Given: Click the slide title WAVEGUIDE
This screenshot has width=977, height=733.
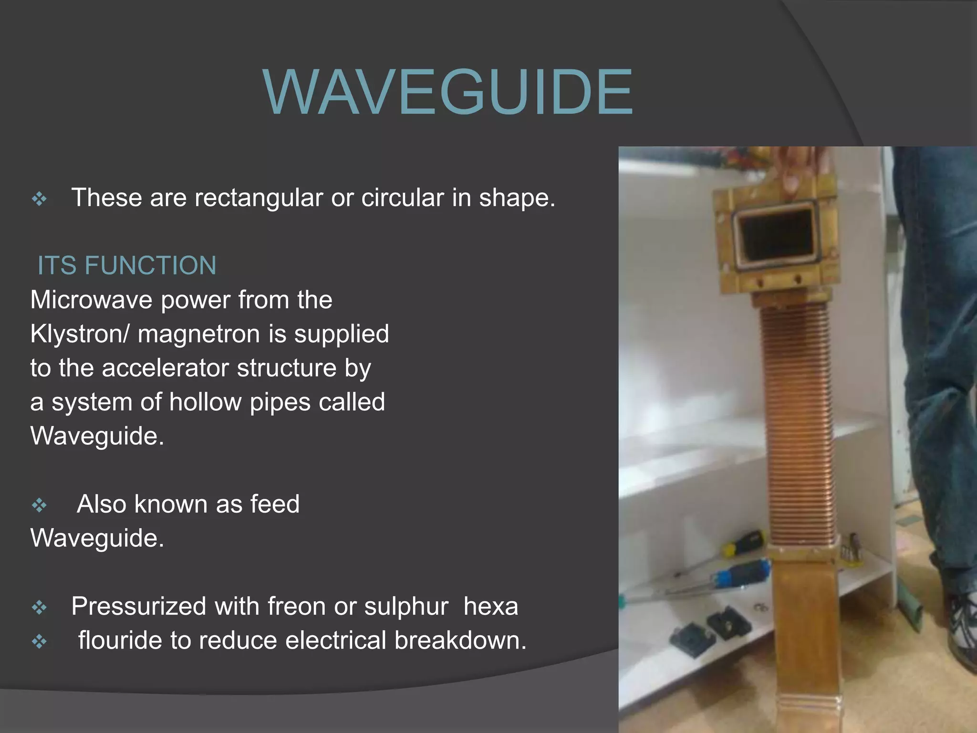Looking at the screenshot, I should pyautogui.click(x=447, y=93).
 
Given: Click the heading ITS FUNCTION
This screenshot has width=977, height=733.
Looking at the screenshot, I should pyautogui.click(x=127, y=265).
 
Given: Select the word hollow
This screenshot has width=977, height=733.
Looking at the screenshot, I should pyautogui.click(x=205, y=402).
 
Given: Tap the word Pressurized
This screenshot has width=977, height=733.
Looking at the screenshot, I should pyautogui.click(x=139, y=607).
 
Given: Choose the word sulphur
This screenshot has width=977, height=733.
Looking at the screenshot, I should pyautogui.click(x=406, y=607).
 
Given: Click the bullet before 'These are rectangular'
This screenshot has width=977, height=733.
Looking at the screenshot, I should pyautogui.click(x=39, y=199).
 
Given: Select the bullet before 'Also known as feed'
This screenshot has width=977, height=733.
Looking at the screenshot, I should pyautogui.click(x=39, y=505).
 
